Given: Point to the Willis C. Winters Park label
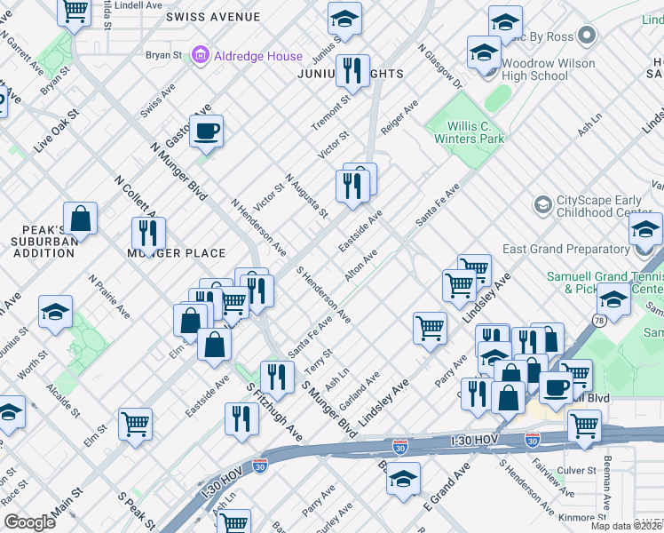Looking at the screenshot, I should (x=469, y=132).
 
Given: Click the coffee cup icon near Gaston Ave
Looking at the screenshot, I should (x=207, y=131).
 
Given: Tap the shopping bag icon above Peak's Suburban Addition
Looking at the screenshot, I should (x=80, y=218).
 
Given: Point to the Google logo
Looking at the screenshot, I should (x=29, y=522).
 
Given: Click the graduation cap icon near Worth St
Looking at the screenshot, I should (x=55, y=312).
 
